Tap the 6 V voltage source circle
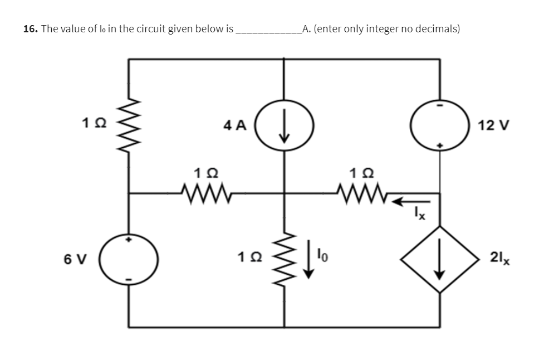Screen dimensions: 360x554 (130, 259)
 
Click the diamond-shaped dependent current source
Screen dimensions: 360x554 (440, 259)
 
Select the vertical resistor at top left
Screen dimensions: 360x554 (130, 125)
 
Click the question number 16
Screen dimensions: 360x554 (30, 28)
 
